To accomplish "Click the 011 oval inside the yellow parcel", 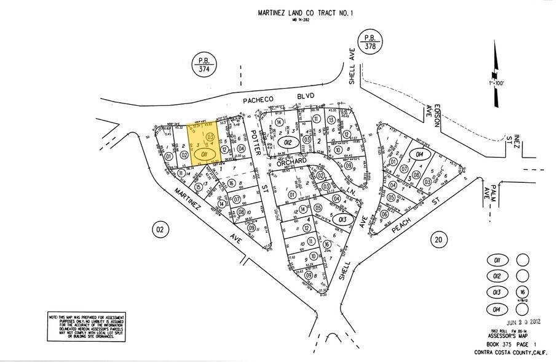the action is (205, 152).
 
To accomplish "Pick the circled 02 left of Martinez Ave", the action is (159, 230).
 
